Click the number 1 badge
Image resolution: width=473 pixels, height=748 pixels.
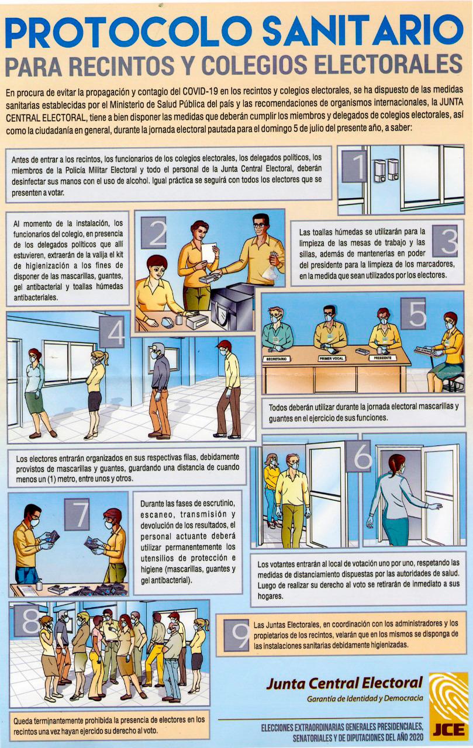coord(354,167)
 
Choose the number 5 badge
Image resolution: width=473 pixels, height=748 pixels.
coord(417,314)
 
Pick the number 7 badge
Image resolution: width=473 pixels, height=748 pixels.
coord(80,514)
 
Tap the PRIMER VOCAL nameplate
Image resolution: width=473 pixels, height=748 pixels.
coord(330,358)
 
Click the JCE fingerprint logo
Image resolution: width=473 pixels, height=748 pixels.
coord(448,704)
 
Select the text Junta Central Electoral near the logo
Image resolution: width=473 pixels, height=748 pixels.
coord(344,683)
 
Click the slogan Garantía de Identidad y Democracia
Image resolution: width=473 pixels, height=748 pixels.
coord(364,699)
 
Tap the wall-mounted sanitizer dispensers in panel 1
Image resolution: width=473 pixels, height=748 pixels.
coord(386,169)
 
